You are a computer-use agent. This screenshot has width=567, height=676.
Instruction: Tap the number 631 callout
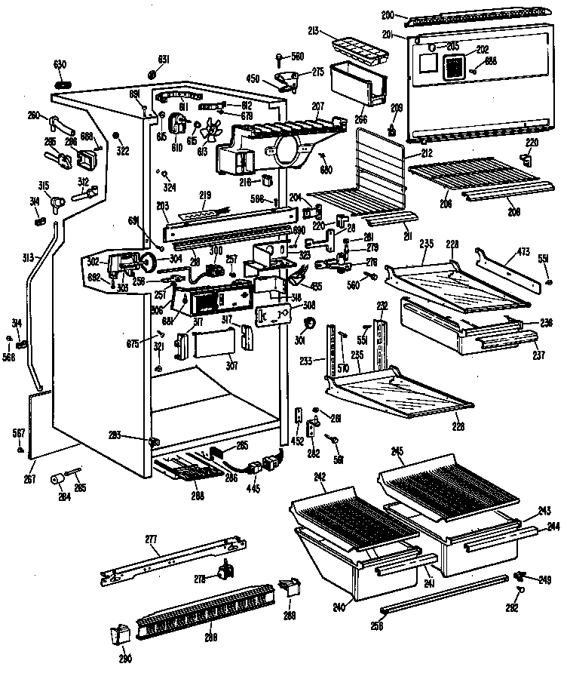click(x=164, y=60)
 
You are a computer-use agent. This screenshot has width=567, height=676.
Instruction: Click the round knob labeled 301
click(x=308, y=325)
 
